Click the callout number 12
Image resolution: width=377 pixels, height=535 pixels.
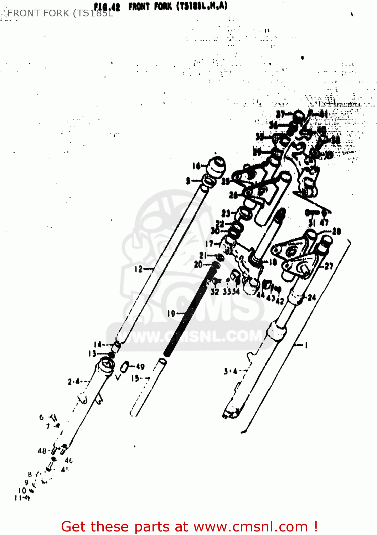(x=139, y=269)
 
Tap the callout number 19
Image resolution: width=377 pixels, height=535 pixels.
(x=171, y=314)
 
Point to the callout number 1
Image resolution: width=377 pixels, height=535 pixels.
(x=305, y=345)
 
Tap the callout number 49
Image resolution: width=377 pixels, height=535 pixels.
(x=140, y=367)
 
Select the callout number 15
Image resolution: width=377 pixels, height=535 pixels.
(x=135, y=378)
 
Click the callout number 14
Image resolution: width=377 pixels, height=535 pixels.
(x=98, y=344)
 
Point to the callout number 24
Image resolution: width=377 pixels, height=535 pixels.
(x=311, y=297)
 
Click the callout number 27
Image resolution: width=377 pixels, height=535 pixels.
(x=329, y=266)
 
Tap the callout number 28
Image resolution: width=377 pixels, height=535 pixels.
(x=336, y=231)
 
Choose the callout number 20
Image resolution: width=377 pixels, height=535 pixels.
(x=198, y=264)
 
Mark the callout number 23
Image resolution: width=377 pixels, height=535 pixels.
(x=226, y=213)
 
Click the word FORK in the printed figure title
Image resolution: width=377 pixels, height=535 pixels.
(x=163, y=6)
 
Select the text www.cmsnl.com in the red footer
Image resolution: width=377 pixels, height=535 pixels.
(x=250, y=526)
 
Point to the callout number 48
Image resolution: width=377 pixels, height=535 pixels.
(x=42, y=451)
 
